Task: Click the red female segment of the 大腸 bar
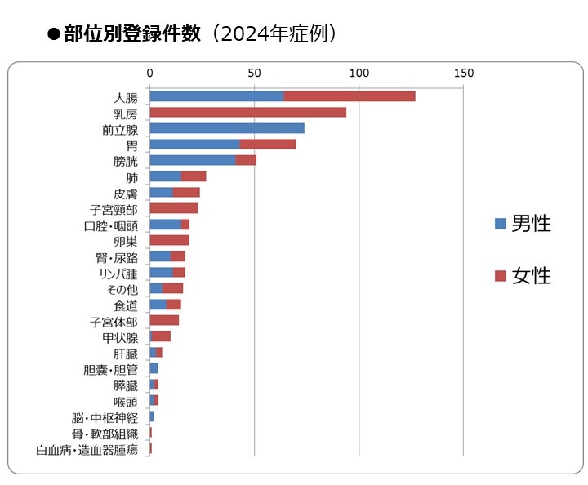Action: pos(350,96)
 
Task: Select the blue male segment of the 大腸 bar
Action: pos(216,96)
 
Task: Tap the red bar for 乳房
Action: pos(247,112)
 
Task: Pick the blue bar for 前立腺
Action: pos(227,128)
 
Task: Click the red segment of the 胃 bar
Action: pos(268,145)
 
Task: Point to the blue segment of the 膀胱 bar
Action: pos(193,160)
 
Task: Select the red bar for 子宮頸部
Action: pos(173,208)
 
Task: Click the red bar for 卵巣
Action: pos(169,240)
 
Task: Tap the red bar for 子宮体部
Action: pos(164,320)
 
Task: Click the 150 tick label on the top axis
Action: pos(463,74)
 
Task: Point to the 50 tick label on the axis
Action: pos(254,74)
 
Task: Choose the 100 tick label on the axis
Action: pos(359,74)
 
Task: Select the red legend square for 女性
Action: pos(500,276)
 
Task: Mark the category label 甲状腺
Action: pos(120,337)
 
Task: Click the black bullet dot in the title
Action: pos(54,35)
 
